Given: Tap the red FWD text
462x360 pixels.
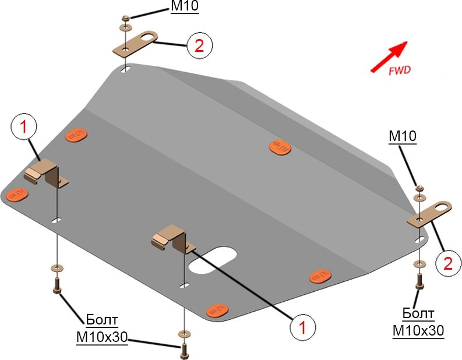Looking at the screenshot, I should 399,70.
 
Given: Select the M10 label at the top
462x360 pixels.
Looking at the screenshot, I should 185,6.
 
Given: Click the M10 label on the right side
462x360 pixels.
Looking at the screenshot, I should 403,136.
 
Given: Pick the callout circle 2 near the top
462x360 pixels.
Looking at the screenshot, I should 199,45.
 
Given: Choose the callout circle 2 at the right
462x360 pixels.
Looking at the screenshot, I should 447,263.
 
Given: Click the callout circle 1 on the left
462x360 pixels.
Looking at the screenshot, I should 24,128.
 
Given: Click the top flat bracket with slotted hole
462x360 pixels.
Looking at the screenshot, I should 135,44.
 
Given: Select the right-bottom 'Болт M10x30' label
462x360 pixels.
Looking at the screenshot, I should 418,323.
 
